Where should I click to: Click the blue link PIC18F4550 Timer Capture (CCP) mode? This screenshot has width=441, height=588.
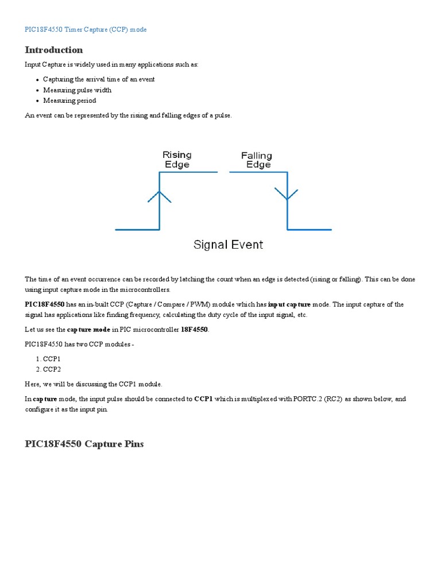pos(86,29)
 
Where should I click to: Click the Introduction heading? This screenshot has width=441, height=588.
pos(54,50)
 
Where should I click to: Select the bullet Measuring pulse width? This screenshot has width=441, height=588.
pos(78,90)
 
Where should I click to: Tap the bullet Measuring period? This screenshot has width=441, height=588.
pos(69,100)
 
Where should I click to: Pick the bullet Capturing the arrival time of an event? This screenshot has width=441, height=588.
pos(99,79)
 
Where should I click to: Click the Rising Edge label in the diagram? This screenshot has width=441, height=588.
pos(177,160)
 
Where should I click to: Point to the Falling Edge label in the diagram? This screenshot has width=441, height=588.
pos(257,160)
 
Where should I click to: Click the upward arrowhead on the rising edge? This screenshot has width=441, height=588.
pos(160,196)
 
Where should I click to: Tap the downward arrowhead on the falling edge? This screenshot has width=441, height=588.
pos(287,194)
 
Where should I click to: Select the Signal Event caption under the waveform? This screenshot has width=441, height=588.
pos(228,245)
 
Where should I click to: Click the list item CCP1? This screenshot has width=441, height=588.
pos(52,358)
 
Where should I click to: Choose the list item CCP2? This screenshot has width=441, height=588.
pos(52,369)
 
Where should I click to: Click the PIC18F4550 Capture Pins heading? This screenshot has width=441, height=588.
pos(84,444)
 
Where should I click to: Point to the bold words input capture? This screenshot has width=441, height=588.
pos(289,304)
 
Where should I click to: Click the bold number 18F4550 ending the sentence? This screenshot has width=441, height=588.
pos(194,330)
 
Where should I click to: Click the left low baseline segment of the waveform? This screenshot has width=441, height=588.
pos(137,230)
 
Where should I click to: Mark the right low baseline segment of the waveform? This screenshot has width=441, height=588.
pos(309,230)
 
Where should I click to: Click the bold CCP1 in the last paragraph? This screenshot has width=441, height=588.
pos(203,399)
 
